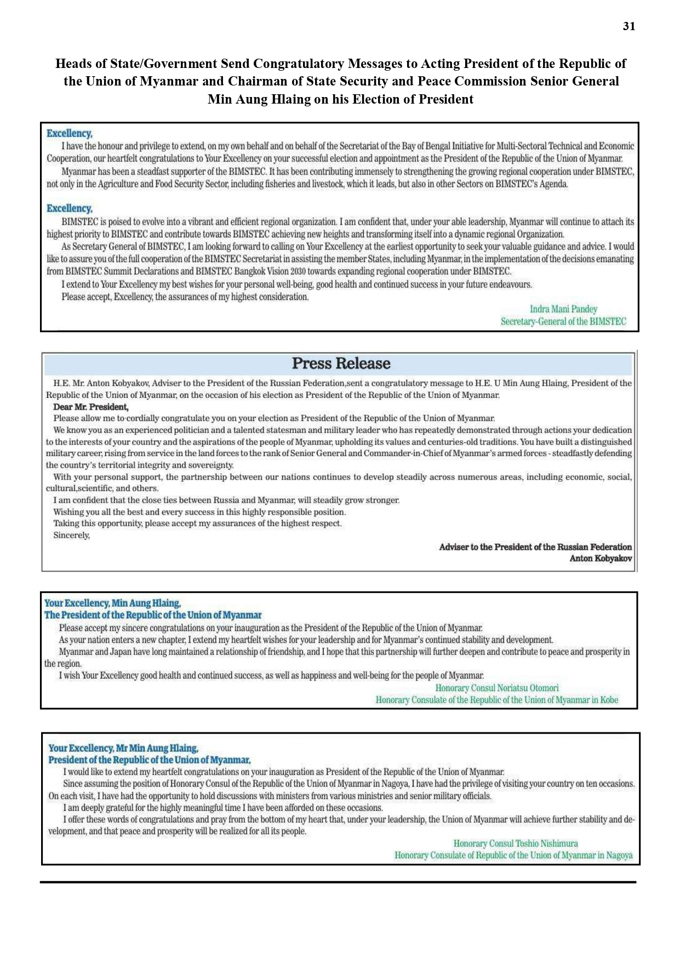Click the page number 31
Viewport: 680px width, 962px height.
pyautogui.click(x=629, y=26)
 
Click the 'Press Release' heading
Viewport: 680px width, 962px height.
pyautogui.click(x=341, y=363)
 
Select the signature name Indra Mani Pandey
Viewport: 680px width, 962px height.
pyautogui.click(x=563, y=309)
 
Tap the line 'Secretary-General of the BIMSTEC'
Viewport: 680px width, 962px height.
pyautogui.click(x=563, y=322)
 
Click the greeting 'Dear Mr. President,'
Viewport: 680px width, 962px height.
pyautogui.click(x=90, y=407)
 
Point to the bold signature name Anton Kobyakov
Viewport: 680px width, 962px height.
pyautogui.click(x=601, y=559)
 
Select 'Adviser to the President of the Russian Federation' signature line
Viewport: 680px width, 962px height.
pyautogui.click(x=535, y=547)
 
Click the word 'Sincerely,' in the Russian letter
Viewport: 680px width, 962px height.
pyautogui.click(x=71, y=536)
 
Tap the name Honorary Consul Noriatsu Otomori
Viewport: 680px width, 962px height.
pyautogui.click(x=497, y=688)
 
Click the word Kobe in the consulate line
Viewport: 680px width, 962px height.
pyautogui.click(x=609, y=700)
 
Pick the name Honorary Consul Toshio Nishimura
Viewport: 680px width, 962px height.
pyautogui.click(x=516, y=844)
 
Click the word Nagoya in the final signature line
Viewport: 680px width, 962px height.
pyautogui.click(x=619, y=856)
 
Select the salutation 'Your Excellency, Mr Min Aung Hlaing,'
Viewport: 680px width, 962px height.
pyautogui.click(x=123, y=748)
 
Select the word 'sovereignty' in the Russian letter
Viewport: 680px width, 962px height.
pyautogui.click(x=211, y=465)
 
